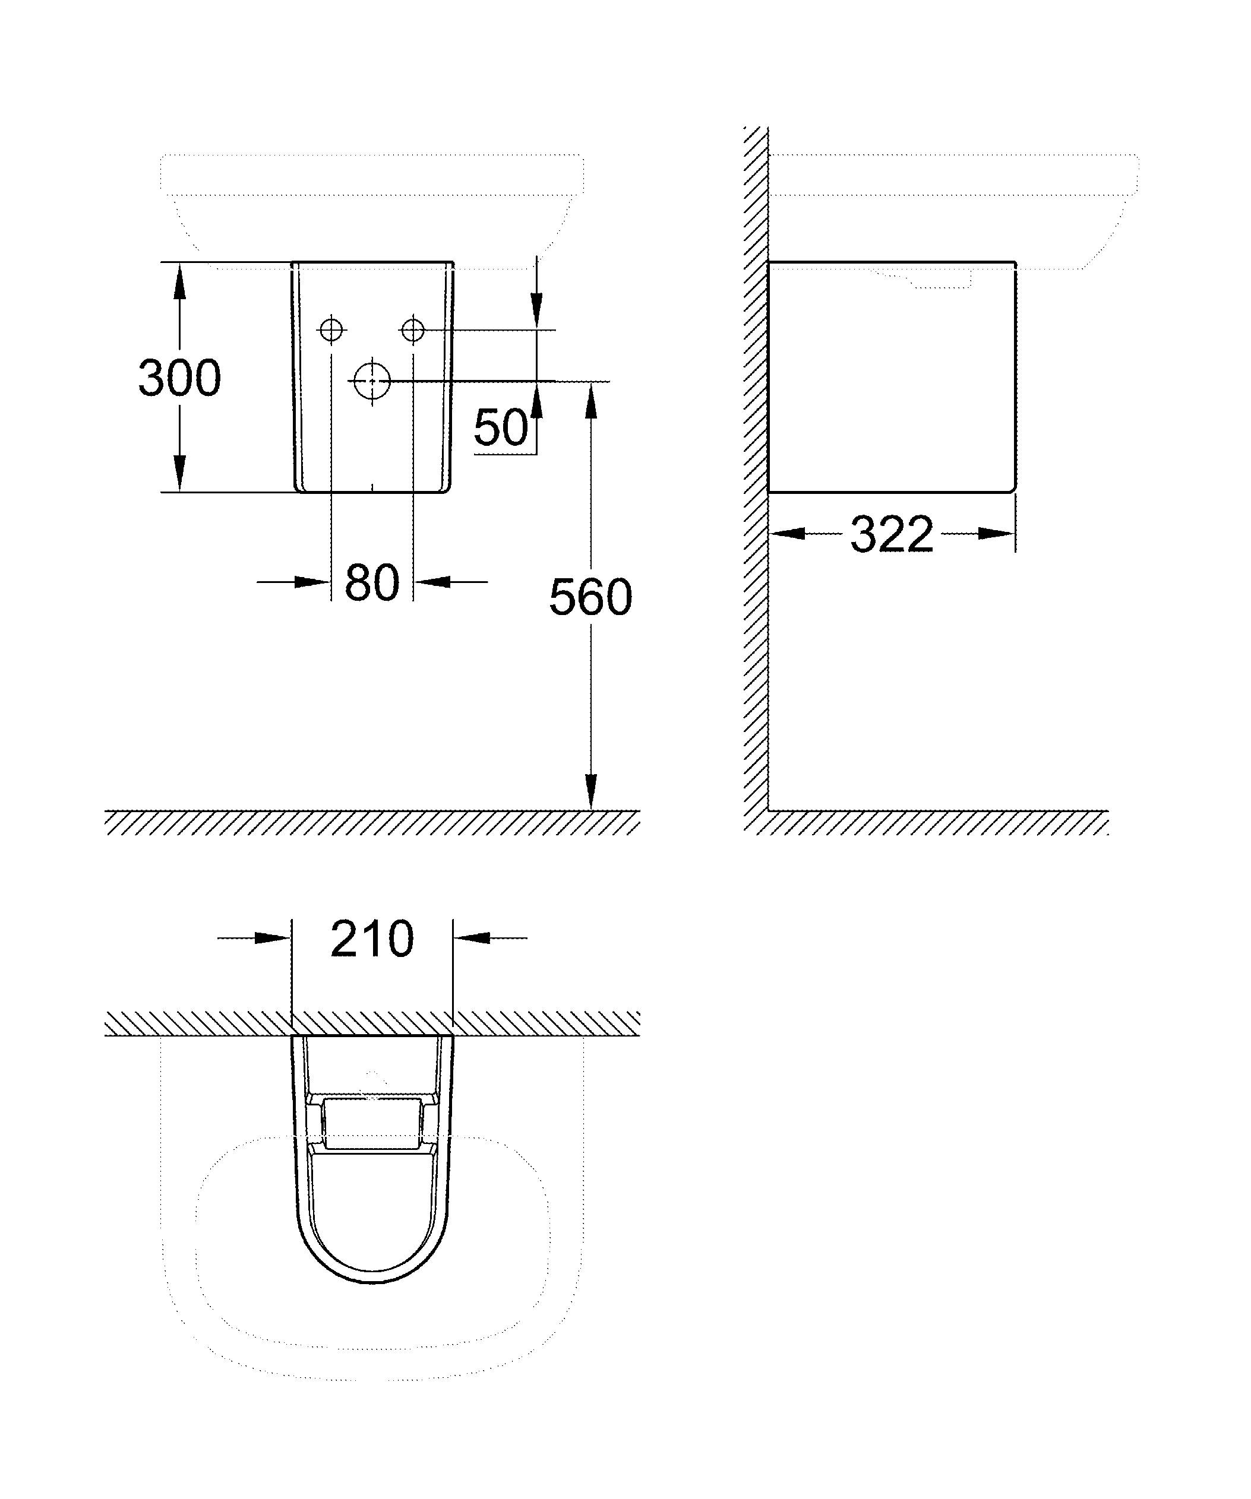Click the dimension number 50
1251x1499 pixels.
(501, 427)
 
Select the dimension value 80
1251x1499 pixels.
(371, 582)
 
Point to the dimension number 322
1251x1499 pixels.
(891, 534)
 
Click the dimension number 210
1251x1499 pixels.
(372, 939)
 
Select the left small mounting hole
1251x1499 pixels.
(331, 330)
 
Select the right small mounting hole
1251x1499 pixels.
(413, 330)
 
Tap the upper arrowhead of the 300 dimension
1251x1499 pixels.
(179, 280)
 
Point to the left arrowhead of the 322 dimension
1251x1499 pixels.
(787, 533)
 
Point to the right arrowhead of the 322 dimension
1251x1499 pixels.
(997, 533)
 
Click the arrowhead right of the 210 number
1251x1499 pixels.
(471, 938)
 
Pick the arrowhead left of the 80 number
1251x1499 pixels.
(312, 582)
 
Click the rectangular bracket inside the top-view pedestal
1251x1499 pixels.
(371, 1123)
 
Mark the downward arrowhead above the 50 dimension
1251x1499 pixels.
(537, 311)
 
